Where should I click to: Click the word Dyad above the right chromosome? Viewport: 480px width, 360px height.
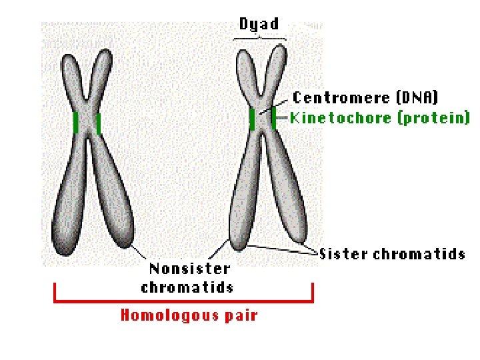click(x=259, y=24)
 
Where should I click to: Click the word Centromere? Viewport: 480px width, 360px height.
click(x=341, y=98)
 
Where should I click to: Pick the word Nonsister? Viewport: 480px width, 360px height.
click(x=189, y=269)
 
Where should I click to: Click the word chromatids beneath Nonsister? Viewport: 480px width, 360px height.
click(x=187, y=287)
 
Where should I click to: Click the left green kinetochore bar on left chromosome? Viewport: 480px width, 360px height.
click(x=76, y=123)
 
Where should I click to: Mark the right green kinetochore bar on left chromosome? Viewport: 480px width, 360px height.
click(x=99, y=123)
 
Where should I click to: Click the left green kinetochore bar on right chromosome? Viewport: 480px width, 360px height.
click(x=252, y=119)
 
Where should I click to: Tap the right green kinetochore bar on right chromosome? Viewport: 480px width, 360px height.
click(x=273, y=118)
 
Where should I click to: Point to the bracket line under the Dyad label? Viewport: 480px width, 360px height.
click(x=260, y=37)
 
